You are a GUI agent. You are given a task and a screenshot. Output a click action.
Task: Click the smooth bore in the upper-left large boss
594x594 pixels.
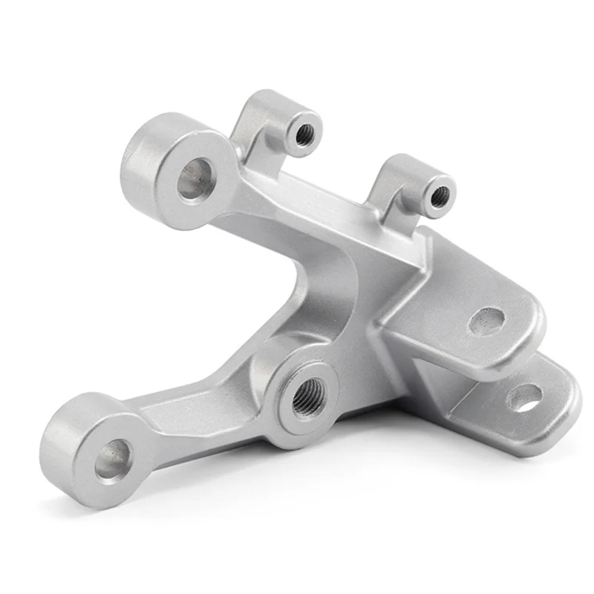click(x=195, y=178)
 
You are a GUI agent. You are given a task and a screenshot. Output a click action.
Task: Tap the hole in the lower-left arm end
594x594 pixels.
click(x=113, y=459)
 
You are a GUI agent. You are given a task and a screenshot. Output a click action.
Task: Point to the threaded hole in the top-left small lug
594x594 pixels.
click(x=304, y=134)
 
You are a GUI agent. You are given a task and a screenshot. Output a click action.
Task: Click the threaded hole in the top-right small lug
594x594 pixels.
click(x=440, y=196)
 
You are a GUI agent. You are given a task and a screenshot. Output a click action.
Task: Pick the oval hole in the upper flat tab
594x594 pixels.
click(x=487, y=322)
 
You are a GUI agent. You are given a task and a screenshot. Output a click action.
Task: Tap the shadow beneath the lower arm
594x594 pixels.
click(x=223, y=490)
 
